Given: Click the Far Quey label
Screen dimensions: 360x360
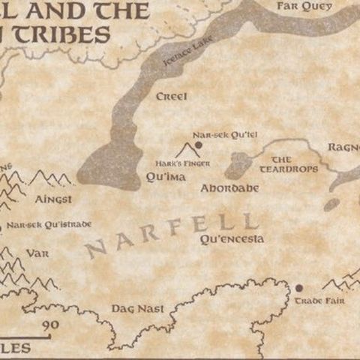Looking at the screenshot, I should pyautogui.click(x=304, y=6).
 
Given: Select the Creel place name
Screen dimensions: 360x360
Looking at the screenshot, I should pyautogui.click(x=171, y=96).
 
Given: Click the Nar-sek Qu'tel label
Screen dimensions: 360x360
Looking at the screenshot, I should pyautogui.click(x=215, y=135).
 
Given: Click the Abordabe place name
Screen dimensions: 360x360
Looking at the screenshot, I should pyautogui.click(x=229, y=187).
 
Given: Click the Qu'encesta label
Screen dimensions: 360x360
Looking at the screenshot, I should pyautogui.click(x=232, y=239).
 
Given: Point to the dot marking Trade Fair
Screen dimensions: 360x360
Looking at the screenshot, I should pyautogui.click(x=298, y=287).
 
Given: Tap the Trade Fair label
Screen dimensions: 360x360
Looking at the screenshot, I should pyautogui.click(x=313, y=301).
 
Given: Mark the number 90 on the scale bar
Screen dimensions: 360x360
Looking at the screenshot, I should pyautogui.click(x=51, y=324).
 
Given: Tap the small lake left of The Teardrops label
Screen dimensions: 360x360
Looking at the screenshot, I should pyautogui.click(x=239, y=164).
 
